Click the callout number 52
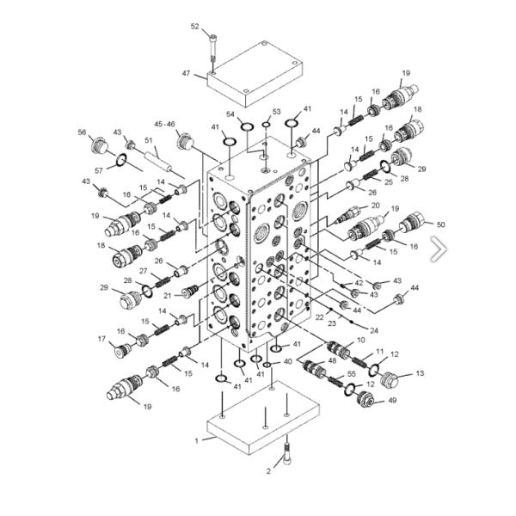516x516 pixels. pyautogui.click(x=195, y=27)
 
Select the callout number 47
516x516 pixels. pyautogui.click(x=187, y=73)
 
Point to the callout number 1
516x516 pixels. pyautogui.click(x=197, y=441)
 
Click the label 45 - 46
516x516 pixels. pyautogui.click(x=165, y=124)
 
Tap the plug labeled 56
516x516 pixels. pyautogui.click(x=99, y=144)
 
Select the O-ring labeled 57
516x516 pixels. pyautogui.click(x=120, y=160)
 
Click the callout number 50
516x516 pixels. pyautogui.click(x=440, y=224)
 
